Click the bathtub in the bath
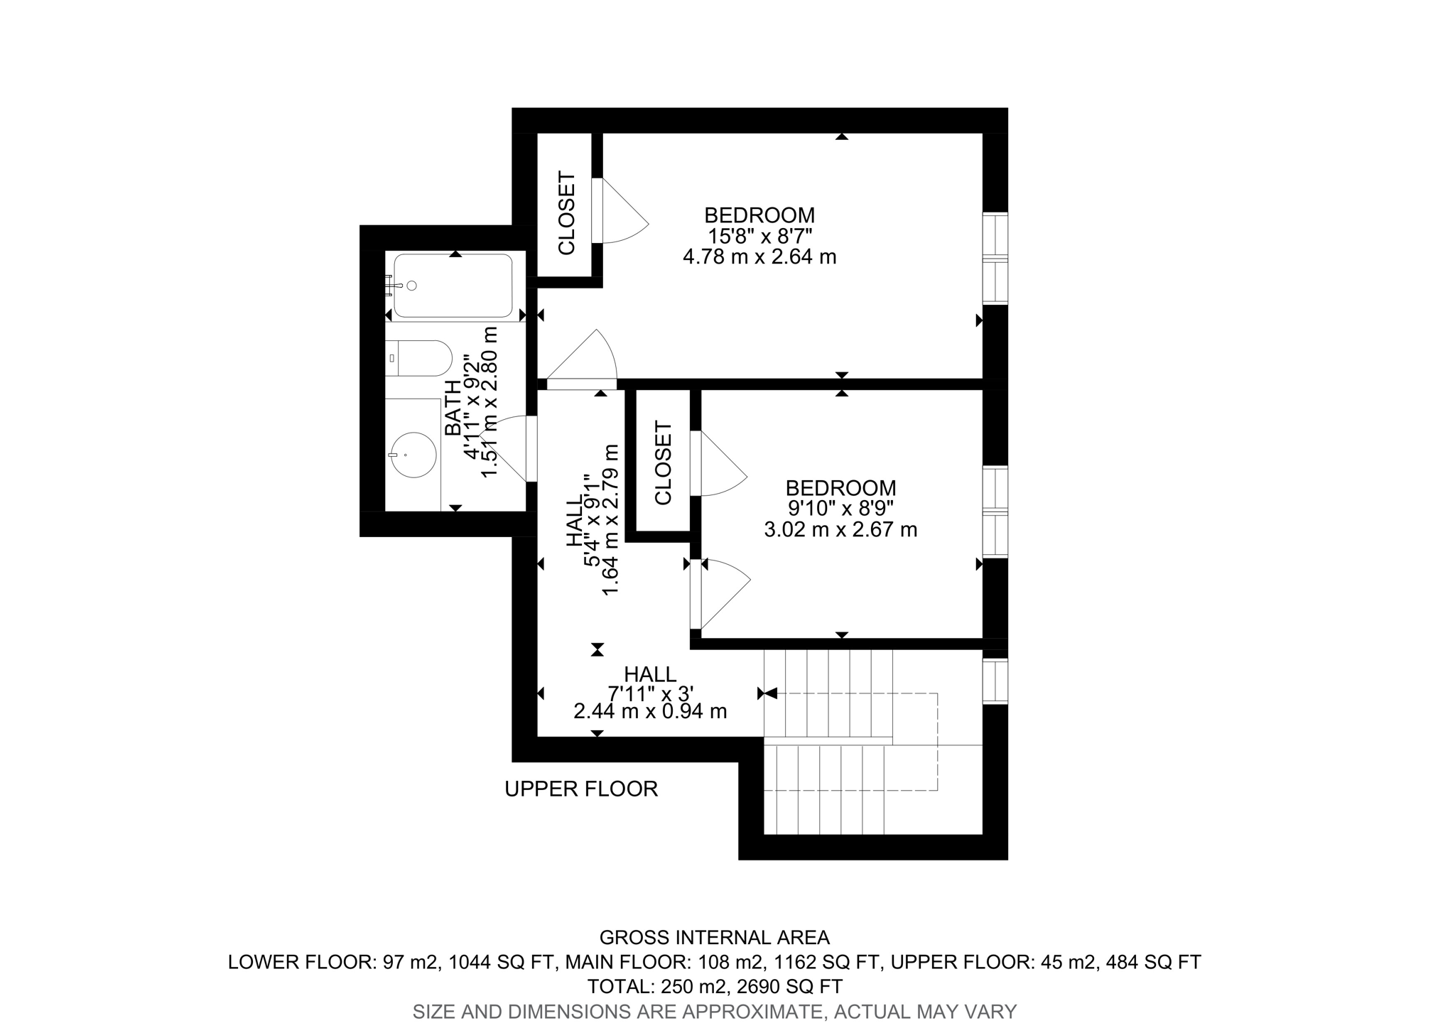coord(453,286)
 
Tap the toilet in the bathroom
coord(419,358)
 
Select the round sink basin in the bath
coord(413,455)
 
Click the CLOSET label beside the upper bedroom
coord(566,213)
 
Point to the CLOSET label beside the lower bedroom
coord(663,463)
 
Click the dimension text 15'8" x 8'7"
coord(759,236)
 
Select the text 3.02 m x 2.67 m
coord(840,530)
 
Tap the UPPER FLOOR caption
coord(581,789)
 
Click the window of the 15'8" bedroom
coord(995,259)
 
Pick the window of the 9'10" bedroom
coord(995,512)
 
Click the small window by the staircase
coord(995,681)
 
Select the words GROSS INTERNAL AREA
coord(714,938)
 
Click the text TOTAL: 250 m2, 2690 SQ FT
coord(714,987)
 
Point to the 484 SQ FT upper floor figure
coord(1156,963)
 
